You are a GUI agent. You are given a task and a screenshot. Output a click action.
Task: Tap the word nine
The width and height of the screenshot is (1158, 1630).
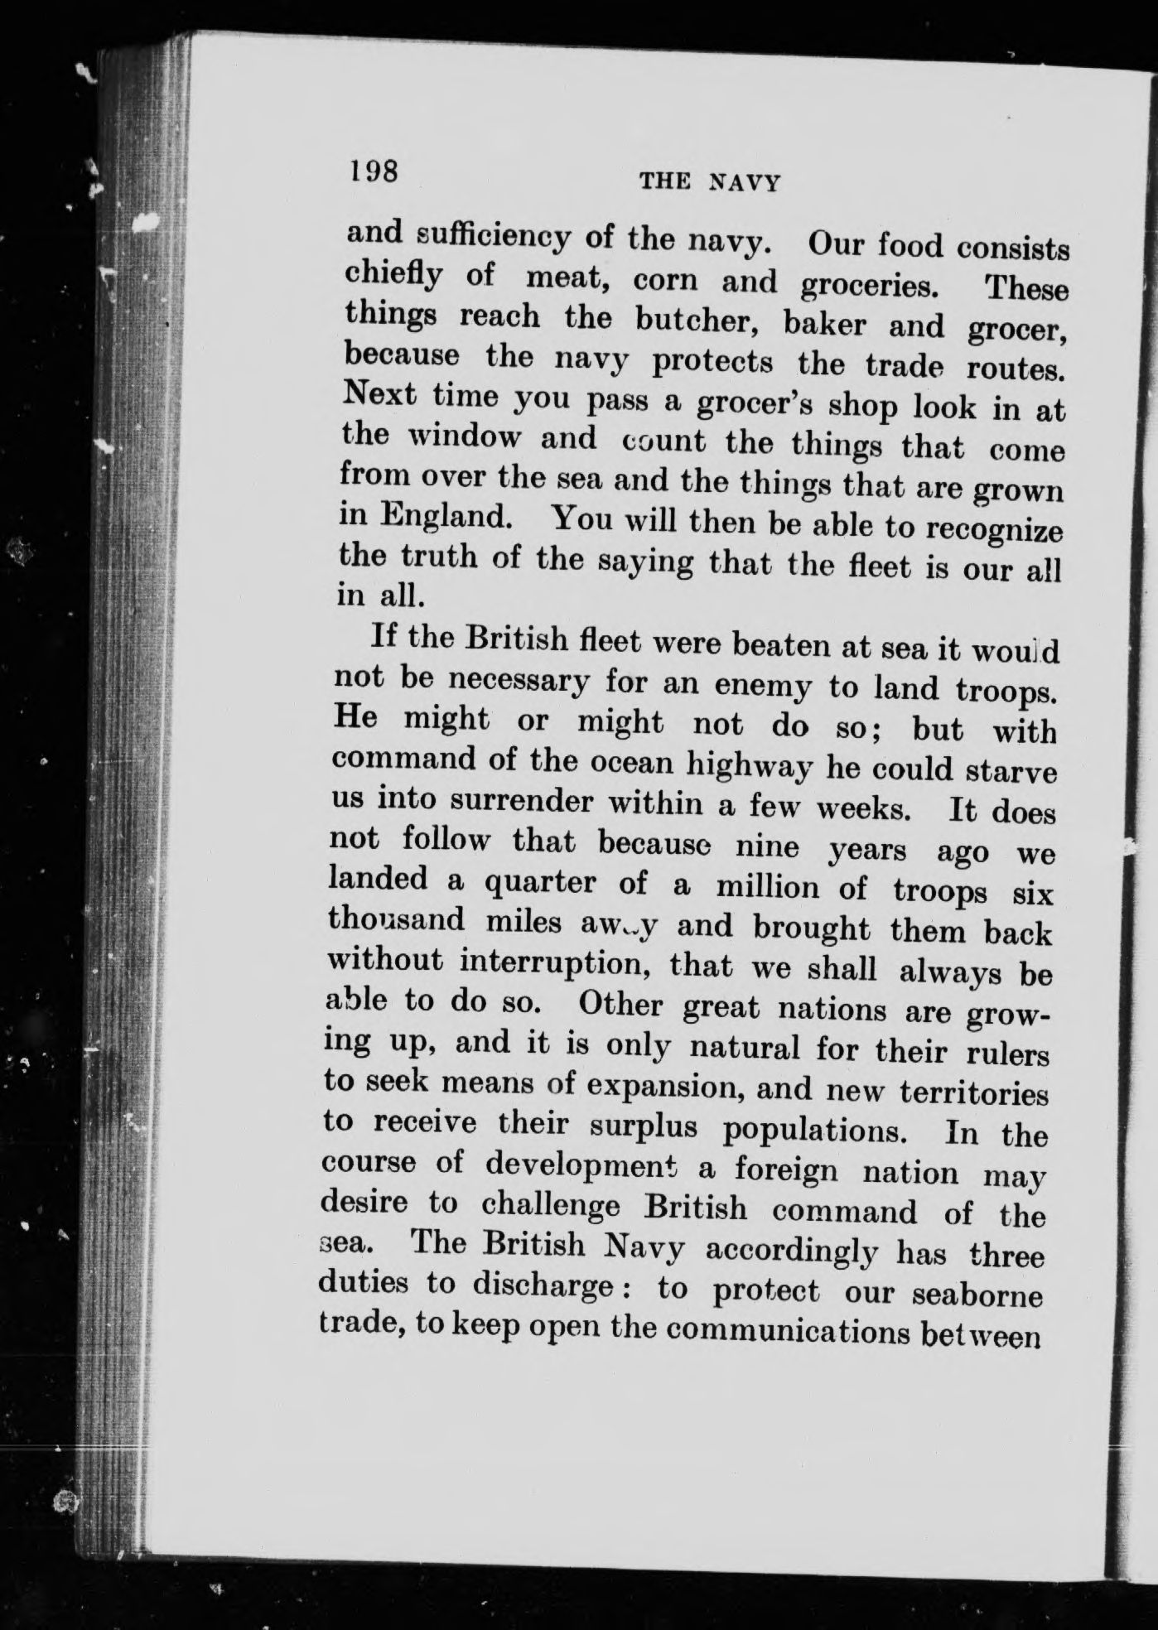pos(767,846)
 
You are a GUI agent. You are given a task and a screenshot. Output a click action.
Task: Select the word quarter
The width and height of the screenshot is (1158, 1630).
pos(539,883)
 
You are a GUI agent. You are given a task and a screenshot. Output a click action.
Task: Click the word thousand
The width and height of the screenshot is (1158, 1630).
pos(396,919)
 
